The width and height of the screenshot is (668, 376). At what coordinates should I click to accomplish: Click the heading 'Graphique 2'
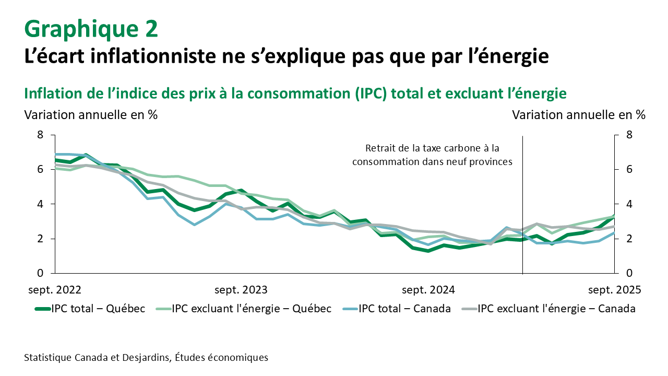click(91, 29)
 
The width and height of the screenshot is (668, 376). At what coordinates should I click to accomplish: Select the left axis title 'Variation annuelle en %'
click(91, 115)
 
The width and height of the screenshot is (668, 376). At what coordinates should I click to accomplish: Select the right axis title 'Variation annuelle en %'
click(579, 115)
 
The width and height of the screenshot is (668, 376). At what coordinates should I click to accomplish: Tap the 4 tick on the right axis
click(629, 204)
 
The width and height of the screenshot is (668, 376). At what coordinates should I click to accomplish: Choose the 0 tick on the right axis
click(629, 273)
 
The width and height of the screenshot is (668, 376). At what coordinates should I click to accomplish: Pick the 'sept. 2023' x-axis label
click(242, 290)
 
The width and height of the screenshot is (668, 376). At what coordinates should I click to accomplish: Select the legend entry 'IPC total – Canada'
click(404, 309)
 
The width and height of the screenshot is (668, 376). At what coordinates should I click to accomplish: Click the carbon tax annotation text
click(432, 155)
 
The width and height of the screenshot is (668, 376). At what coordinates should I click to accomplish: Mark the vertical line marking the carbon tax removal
click(522, 209)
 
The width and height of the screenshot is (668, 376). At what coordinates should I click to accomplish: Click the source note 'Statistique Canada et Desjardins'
click(146, 358)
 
